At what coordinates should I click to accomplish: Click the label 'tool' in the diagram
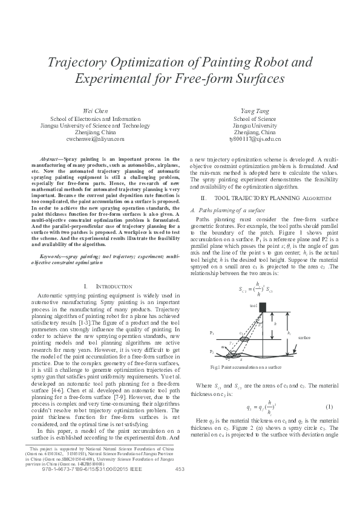pos(253,306)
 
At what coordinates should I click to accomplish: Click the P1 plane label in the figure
pos(212,333)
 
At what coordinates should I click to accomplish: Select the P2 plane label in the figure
pos(212,351)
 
